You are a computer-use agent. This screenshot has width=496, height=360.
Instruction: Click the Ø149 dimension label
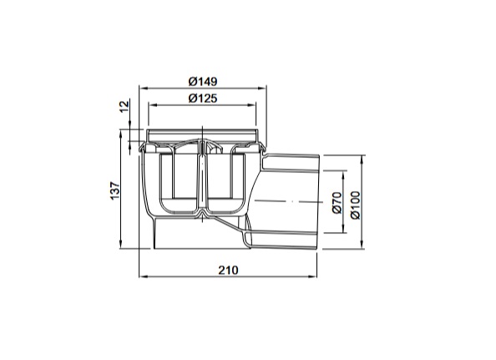[x=203, y=82]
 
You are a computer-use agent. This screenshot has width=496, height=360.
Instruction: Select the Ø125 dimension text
[x=203, y=99]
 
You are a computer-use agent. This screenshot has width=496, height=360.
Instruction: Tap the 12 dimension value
[x=125, y=106]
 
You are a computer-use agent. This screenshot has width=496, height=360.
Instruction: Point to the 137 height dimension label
[x=115, y=190]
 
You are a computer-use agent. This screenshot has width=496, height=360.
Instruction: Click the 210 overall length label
[x=228, y=270]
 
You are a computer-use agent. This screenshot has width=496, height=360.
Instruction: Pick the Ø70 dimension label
[x=337, y=202]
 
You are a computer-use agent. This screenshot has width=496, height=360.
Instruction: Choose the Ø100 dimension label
[x=355, y=205]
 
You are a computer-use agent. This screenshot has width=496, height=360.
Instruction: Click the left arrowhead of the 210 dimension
[x=144, y=276]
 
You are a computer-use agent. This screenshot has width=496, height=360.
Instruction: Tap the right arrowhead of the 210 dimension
[x=312, y=276]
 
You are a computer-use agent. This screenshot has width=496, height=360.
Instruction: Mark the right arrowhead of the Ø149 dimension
[x=262, y=89]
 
